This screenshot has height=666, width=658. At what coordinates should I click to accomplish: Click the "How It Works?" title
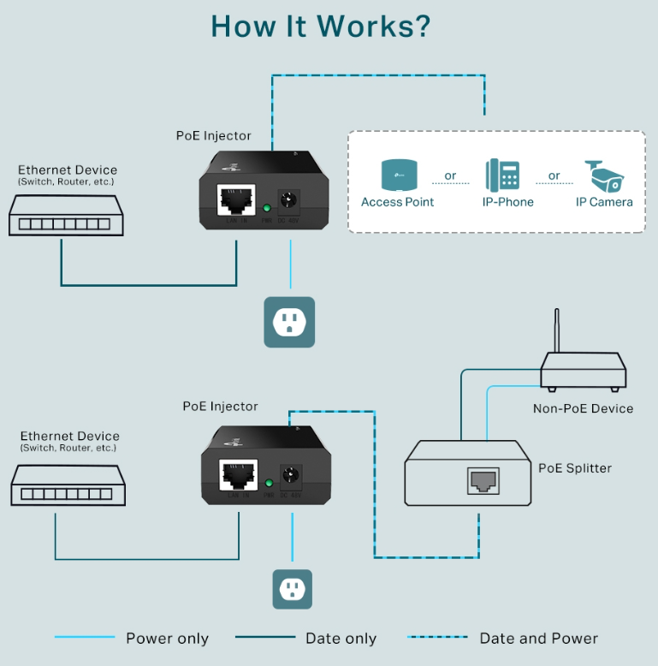320,27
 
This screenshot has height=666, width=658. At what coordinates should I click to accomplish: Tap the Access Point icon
398,175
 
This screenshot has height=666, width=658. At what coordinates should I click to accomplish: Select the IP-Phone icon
502,175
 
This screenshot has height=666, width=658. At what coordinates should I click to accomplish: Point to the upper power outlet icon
289,322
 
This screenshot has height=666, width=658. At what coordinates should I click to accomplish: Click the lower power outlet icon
293,589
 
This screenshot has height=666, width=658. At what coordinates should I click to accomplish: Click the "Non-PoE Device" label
583,408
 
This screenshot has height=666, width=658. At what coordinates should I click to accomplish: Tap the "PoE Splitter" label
574,468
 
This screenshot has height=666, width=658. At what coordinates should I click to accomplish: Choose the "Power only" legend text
167,639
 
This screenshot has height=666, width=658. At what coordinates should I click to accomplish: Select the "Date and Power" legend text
538,639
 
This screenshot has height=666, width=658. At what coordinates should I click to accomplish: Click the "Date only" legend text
341,639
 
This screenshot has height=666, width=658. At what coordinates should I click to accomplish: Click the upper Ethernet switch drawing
66,215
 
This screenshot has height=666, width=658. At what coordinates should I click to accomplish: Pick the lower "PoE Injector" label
220,407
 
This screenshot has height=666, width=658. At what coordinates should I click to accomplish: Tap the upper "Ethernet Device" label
68,170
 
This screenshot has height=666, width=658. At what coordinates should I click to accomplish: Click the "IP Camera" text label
604,202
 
